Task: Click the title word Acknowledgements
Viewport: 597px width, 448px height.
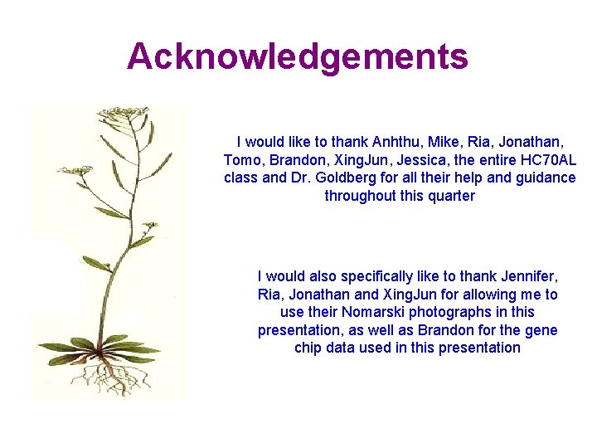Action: (298, 56)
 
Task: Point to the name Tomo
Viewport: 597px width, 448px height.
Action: (241, 160)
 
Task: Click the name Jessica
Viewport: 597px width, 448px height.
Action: (427, 160)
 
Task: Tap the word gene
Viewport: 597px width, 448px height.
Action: (541, 330)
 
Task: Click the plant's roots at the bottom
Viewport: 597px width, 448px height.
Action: (109, 377)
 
